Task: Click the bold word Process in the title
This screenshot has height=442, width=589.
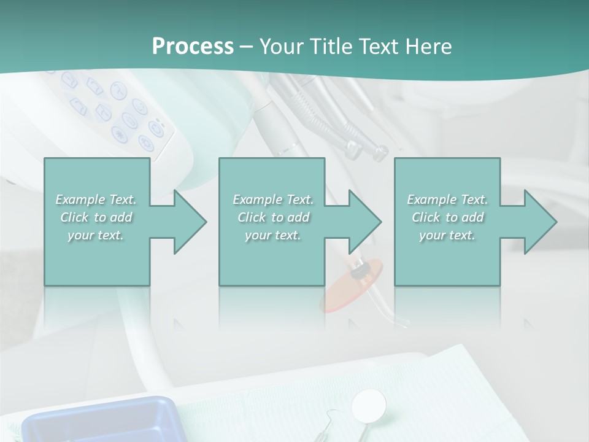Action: pyautogui.click(x=193, y=46)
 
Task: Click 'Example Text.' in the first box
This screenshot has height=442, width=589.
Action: pyautogui.click(x=96, y=200)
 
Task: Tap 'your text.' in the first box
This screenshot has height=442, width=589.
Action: pyautogui.click(x=96, y=235)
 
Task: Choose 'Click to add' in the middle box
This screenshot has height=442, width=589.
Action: pyautogui.click(x=273, y=217)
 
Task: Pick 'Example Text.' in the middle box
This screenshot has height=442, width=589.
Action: pyautogui.click(x=273, y=200)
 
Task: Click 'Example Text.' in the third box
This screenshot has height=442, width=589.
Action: pyautogui.click(x=448, y=200)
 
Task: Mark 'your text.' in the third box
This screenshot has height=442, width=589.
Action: pyautogui.click(x=448, y=235)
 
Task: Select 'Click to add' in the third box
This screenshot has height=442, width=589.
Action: pyautogui.click(x=448, y=217)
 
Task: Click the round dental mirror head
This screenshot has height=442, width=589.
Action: pyautogui.click(x=369, y=403)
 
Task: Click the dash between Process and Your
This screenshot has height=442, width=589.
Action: pyautogui.click(x=247, y=47)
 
